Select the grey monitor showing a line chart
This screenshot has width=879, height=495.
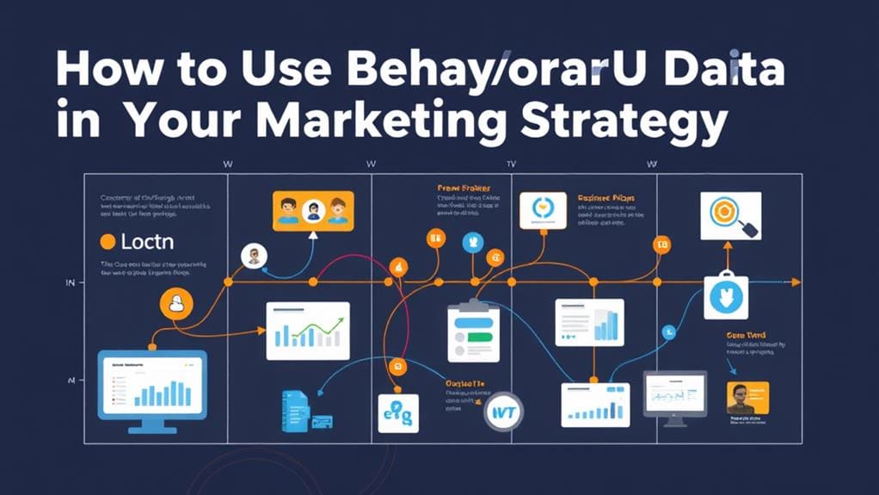click(675, 399)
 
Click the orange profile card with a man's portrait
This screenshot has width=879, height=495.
click(747, 399)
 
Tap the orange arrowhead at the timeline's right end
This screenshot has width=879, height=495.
click(796, 282)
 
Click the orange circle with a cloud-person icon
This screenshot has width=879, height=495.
click(176, 303)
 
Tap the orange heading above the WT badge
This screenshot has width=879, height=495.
click(465, 384)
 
